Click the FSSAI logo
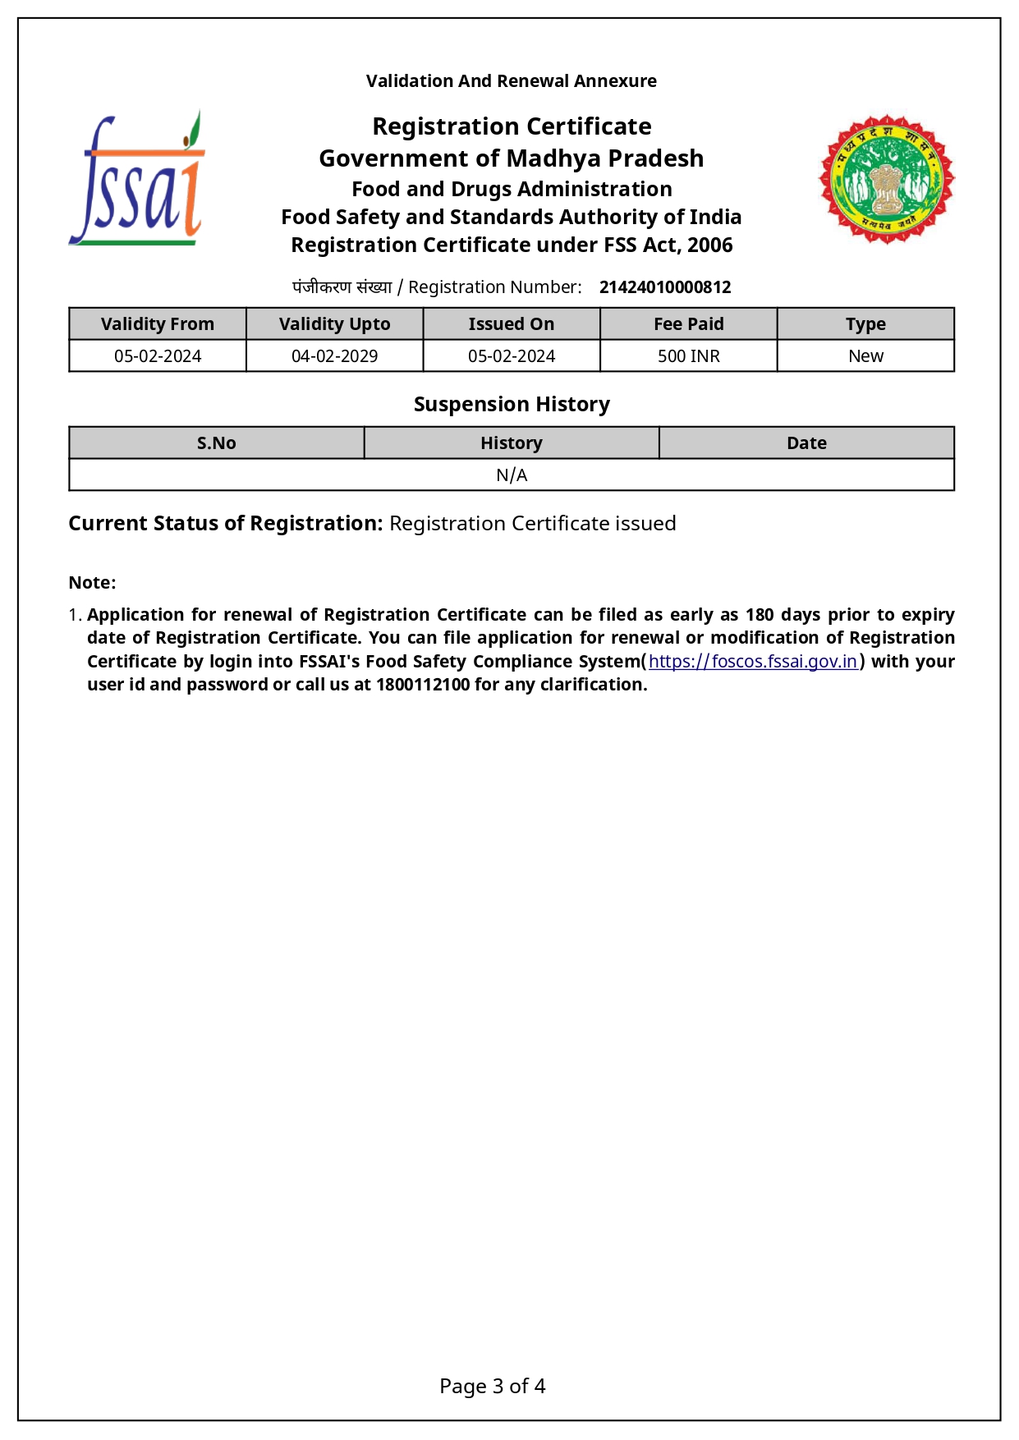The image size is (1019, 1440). pyautogui.click(x=137, y=179)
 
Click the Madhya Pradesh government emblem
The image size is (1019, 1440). pyautogui.click(x=887, y=179)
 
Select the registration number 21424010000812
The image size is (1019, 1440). pyautogui.click(x=665, y=287)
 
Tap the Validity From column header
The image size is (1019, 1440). pyautogui.click(x=158, y=324)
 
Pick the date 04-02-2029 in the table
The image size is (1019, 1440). pyautogui.click(x=334, y=356)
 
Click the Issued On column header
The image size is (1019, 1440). pyautogui.click(x=511, y=324)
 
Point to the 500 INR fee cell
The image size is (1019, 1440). pyautogui.click(x=688, y=356)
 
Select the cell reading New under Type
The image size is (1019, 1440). pyautogui.click(x=865, y=356)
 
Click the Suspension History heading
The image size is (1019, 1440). pyautogui.click(x=512, y=405)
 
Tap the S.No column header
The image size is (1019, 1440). pyautogui.click(x=217, y=443)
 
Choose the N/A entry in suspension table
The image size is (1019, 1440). pyautogui.click(x=512, y=475)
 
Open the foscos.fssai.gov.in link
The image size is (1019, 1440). pyautogui.click(x=753, y=662)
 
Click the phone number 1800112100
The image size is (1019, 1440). pyautogui.click(x=423, y=685)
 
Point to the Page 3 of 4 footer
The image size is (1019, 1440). pyautogui.click(x=493, y=1387)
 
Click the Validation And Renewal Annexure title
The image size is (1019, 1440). pyautogui.click(x=511, y=81)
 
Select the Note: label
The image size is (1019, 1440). pyautogui.click(x=92, y=583)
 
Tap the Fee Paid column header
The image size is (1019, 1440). pyautogui.click(x=688, y=324)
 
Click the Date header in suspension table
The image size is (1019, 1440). pyautogui.click(x=806, y=443)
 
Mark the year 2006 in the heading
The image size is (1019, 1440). pyautogui.click(x=710, y=245)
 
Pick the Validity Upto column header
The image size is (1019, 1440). pyautogui.click(x=334, y=324)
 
